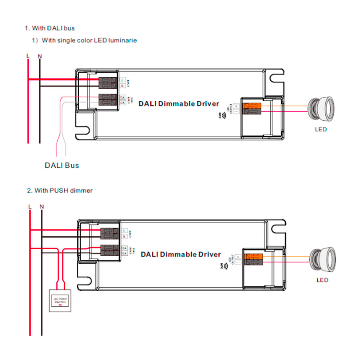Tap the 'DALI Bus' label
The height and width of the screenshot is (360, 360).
[x=62, y=165]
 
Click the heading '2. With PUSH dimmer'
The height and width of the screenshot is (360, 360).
[x=59, y=190]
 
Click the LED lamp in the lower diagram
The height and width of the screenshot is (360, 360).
[x=322, y=259]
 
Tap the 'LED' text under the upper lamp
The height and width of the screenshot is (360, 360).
[x=320, y=130]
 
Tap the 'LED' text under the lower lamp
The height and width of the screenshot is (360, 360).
[x=322, y=280]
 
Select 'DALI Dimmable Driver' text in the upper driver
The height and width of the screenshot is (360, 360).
[x=179, y=103]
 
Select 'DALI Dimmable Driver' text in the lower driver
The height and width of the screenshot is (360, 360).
[x=181, y=254]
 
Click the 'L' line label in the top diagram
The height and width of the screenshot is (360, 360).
[x=28, y=56]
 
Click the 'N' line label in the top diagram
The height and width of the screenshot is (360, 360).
[x=40, y=56]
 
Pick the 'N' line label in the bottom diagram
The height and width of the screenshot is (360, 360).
[x=42, y=207]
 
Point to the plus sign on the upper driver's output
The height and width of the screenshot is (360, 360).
[x=236, y=106]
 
